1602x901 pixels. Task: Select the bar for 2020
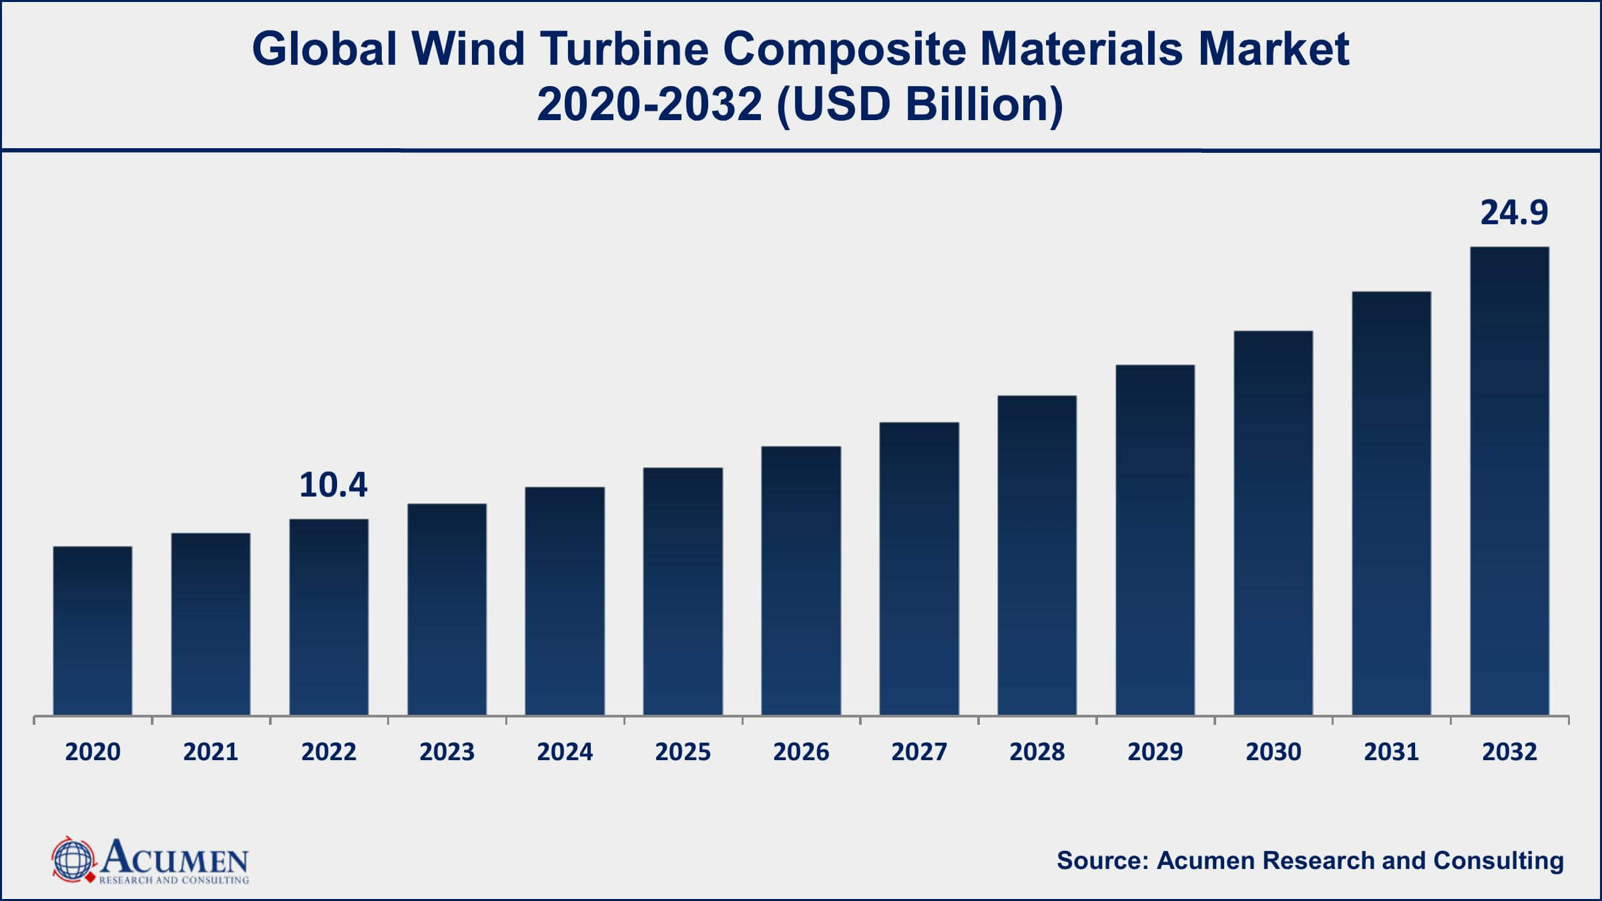point(93,631)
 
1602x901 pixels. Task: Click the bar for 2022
point(329,617)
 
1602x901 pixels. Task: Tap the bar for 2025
point(683,591)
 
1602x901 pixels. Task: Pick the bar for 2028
point(1037,555)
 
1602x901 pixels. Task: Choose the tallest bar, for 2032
point(1510,481)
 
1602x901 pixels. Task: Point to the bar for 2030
point(1274,523)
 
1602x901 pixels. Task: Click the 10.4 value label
point(333,485)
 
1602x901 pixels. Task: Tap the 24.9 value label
point(1514,213)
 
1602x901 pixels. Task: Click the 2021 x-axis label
point(211,752)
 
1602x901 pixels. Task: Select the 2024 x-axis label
point(565,752)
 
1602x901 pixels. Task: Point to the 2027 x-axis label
point(919,752)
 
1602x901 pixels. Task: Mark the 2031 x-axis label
point(1392,752)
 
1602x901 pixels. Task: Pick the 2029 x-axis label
point(1155,752)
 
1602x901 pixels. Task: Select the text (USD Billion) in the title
point(920,105)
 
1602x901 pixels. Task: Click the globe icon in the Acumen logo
point(73,860)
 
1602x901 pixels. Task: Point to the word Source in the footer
point(1101,861)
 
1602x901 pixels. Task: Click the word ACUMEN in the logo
point(175,857)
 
